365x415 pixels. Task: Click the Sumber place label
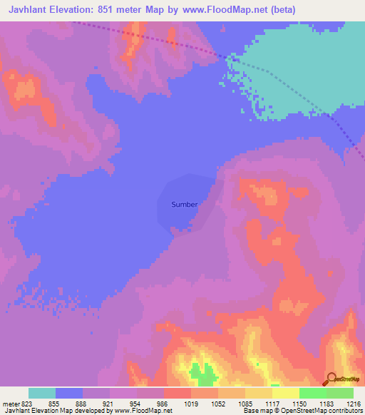[184, 204]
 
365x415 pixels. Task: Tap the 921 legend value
[108, 403]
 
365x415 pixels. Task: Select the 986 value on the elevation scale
[163, 403]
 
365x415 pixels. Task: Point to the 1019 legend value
[190, 403]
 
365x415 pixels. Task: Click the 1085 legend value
[245, 403]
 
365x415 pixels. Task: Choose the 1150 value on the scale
[300, 403]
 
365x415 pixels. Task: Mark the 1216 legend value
[354, 403]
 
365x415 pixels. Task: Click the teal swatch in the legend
[42, 393]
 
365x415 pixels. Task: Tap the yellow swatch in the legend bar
[286, 393]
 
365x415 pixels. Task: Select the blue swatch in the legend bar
[69, 393]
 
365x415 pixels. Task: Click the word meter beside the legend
[9, 403]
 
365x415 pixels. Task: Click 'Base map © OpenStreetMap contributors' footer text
[302, 411]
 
